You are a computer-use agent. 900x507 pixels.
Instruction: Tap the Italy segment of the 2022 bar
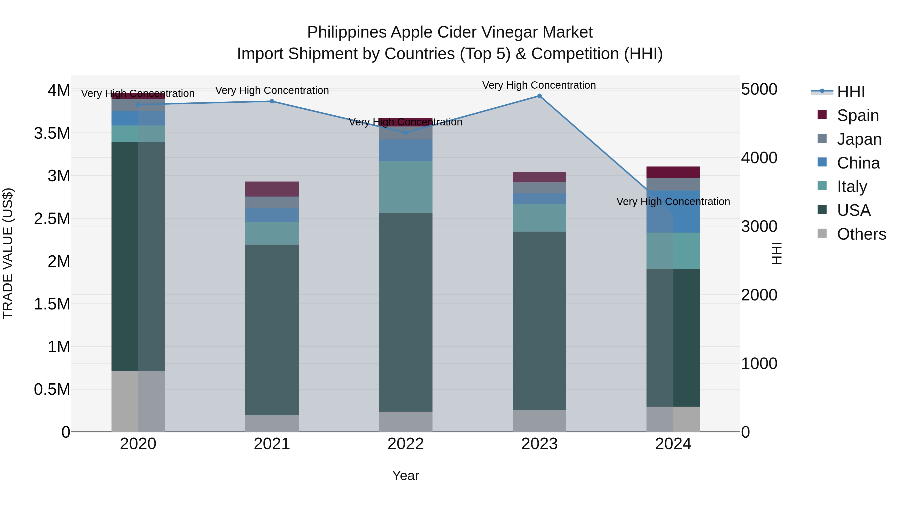(x=406, y=187)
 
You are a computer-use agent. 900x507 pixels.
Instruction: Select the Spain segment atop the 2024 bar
(x=673, y=172)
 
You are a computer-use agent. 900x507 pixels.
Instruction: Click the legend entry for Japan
(x=859, y=139)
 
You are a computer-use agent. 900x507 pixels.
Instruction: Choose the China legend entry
(x=858, y=163)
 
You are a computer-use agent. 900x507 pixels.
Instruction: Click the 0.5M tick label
(x=52, y=389)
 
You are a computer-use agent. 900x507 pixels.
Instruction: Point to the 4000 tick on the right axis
(x=759, y=158)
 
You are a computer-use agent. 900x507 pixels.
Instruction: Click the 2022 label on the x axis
(x=406, y=444)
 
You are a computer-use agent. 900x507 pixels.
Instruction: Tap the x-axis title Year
(x=406, y=475)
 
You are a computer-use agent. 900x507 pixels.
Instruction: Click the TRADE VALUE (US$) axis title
(x=8, y=253)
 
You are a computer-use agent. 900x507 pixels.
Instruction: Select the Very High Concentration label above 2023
(x=539, y=85)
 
